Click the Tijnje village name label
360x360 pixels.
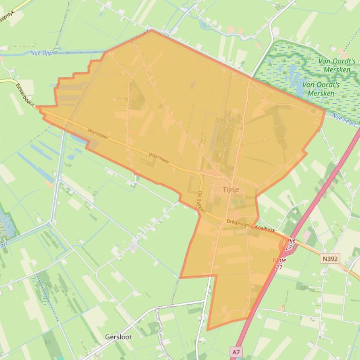coord(231,190)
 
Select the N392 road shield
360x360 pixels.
coord(331,258)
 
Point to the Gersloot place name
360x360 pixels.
coord(118,337)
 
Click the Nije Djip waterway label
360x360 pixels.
coord(41,53)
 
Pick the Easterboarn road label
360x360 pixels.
coord(25,95)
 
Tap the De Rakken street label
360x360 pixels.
coord(201,202)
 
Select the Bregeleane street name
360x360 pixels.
coord(239,223)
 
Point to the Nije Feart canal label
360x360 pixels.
coord(344,118)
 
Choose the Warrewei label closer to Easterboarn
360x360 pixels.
coord(98,132)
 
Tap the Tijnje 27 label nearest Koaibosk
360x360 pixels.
coord(289,244)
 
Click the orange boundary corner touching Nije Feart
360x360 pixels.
coord(325,111)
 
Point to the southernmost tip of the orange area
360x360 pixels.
coord(207,330)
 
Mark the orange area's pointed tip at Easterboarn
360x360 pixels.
coord(37,108)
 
